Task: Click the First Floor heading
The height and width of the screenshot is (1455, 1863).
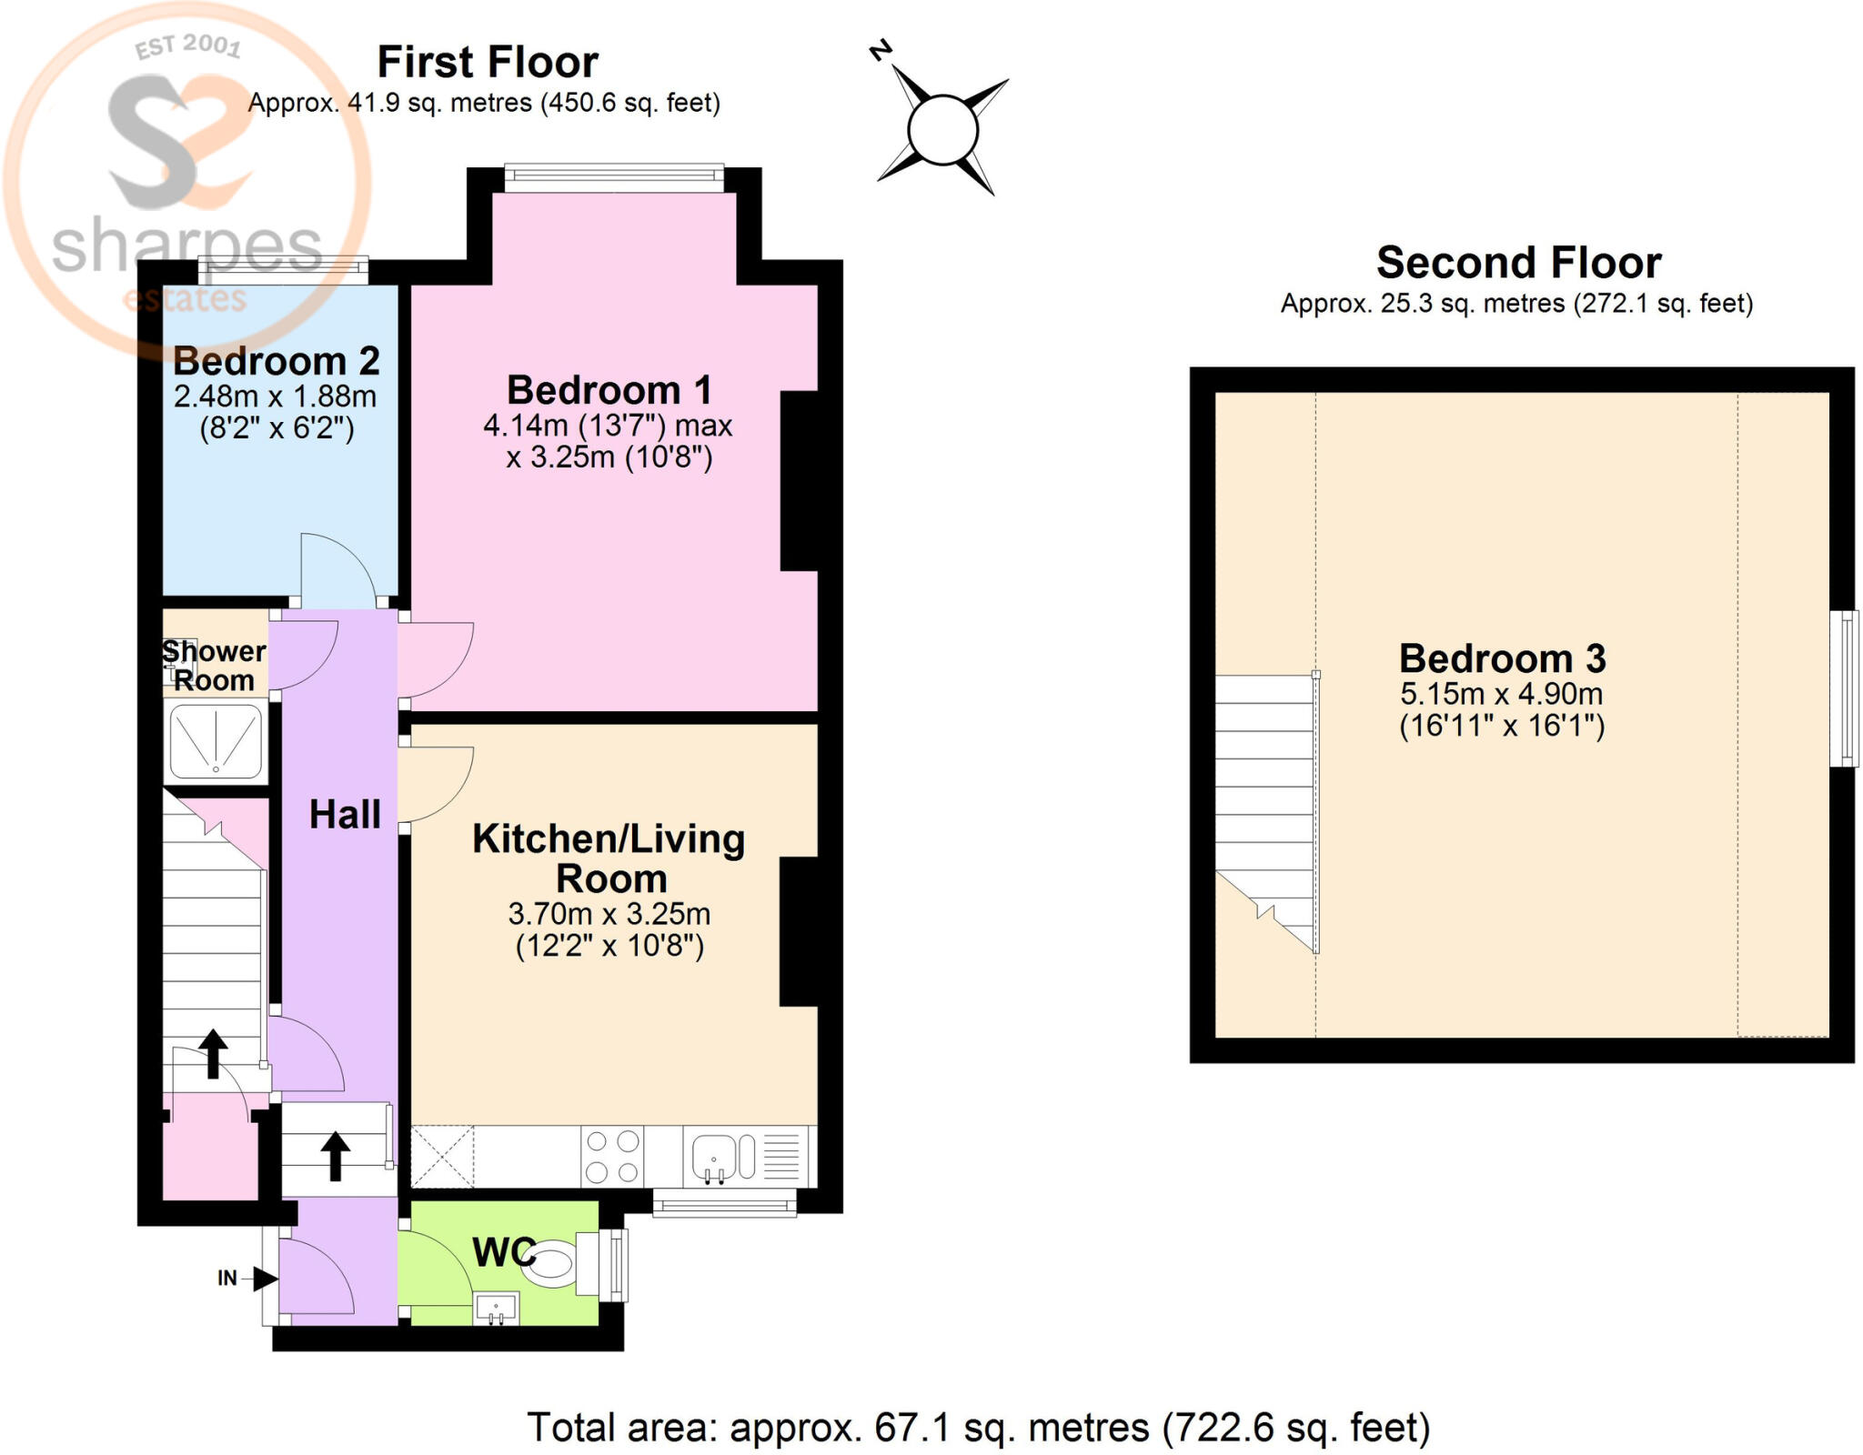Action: tap(488, 62)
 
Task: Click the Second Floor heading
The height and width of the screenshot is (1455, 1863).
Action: tap(1518, 262)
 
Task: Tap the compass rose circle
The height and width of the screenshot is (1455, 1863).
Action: tap(942, 130)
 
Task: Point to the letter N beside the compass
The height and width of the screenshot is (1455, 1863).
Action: tap(881, 51)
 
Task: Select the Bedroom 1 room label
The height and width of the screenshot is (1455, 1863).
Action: tap(609, 390)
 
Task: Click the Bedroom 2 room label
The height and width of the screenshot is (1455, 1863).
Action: tap(277, 361)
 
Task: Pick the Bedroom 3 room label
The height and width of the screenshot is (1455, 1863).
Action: tap(1502, 657)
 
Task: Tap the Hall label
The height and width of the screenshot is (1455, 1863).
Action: tap(345, 814)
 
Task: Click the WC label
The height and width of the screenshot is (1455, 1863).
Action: tap(503, 1252)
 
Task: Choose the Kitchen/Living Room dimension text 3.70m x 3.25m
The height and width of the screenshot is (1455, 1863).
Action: tap(609, 913)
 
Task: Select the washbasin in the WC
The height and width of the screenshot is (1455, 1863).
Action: tap(497, 1308)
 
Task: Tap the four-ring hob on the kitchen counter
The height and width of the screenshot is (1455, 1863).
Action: tap(612, 1156)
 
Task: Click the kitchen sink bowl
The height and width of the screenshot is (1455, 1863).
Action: tap(714, 1156)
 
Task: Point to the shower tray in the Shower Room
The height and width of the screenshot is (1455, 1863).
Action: tap(216, 741)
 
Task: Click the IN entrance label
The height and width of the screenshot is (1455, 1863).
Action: tap(227, 1278)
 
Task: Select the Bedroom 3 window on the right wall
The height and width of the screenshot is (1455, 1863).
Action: tap(1844, 687)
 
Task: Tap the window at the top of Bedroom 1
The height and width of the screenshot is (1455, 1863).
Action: tap(614, 177)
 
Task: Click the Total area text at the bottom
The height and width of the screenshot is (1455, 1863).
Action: tap(979, 1428)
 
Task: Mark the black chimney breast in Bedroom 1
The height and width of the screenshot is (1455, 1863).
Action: tap(799, 481)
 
